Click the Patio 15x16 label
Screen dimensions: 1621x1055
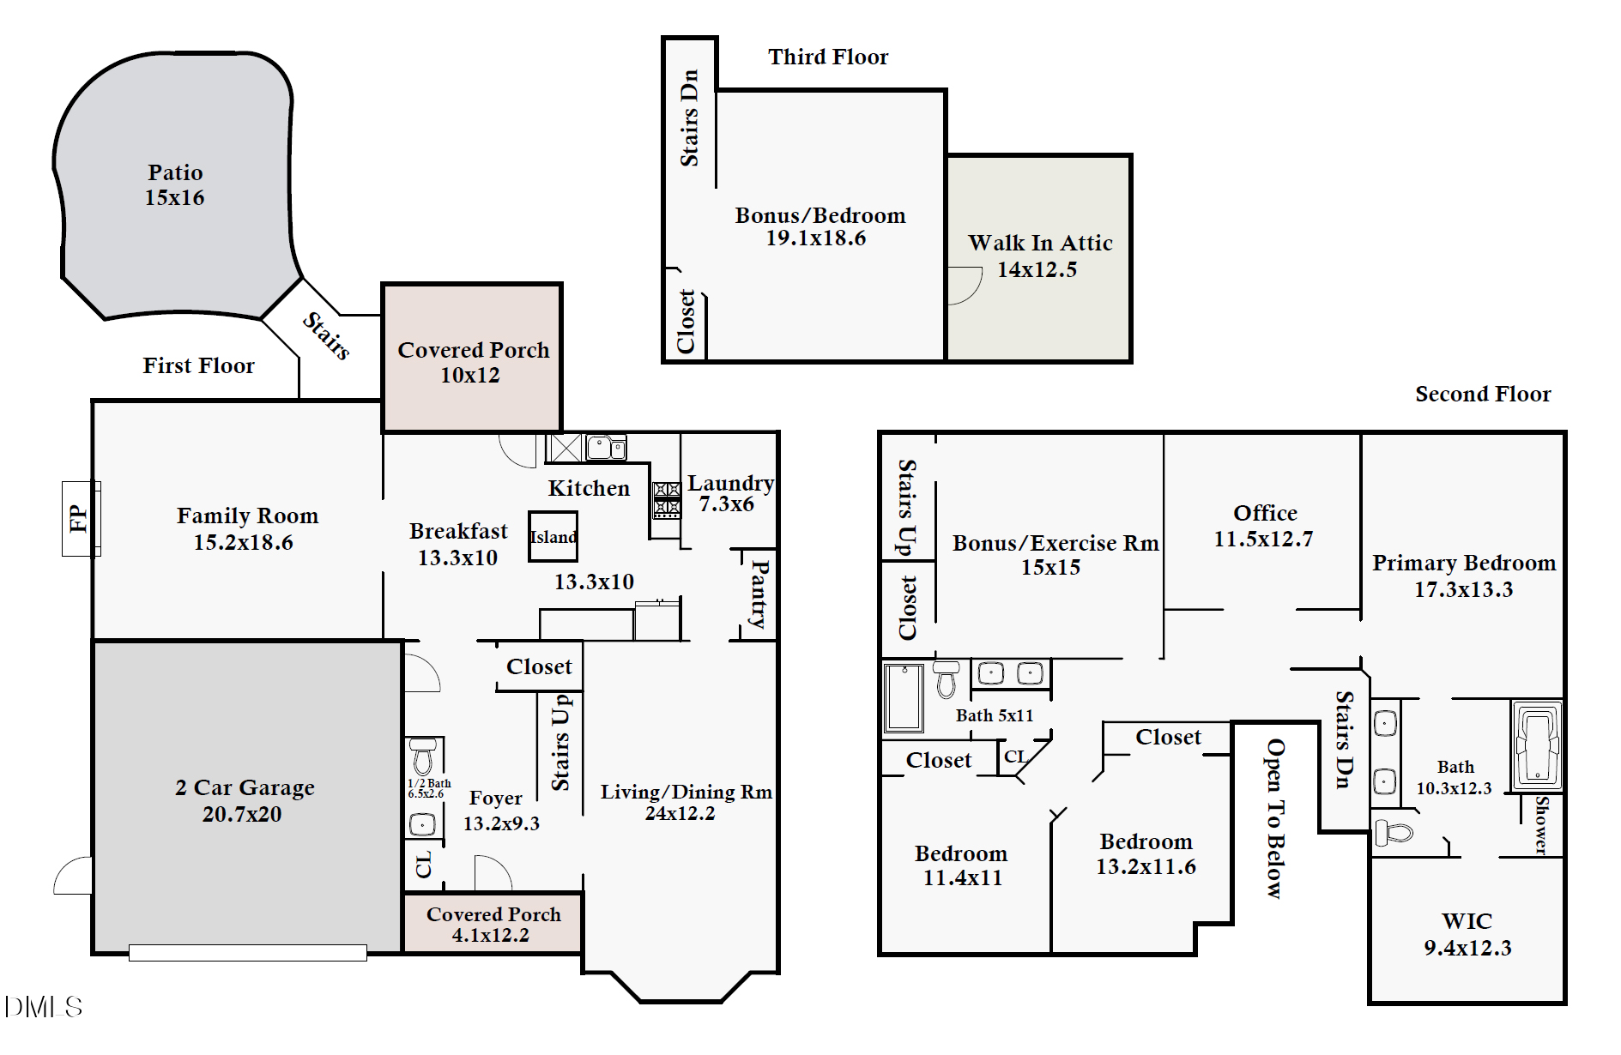tap(175, 184)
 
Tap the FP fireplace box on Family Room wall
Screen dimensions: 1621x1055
tap(81, 518)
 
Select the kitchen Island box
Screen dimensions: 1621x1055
tap(553, 537)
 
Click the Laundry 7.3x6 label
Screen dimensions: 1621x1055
tap(730, 493)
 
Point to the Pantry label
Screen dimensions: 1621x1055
tap(759, 594)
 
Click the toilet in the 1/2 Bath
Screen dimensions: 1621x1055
tap(422, 756)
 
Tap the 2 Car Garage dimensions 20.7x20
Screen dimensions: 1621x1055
tap(242, 814)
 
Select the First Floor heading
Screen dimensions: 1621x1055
tap(198, 365)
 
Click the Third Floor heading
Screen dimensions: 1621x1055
tap(828, 57)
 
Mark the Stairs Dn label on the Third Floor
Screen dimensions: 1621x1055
tap(689, 118)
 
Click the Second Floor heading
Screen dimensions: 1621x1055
tap(1483, 394)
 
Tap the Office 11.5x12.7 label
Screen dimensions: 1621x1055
tap(1264, 525)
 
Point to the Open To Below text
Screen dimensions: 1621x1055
tap(1276, 818)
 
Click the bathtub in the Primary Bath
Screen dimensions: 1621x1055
tap(1537, 745)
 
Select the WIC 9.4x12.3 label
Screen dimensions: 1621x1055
tap(1467, 934)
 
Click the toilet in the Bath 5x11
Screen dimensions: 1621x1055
tap(947, 679)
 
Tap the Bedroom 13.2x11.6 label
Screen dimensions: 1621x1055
tap(1146, 853)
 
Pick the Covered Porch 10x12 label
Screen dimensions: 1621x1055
tap(473, 362)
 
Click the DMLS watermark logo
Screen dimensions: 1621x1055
tap(43, 1006)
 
